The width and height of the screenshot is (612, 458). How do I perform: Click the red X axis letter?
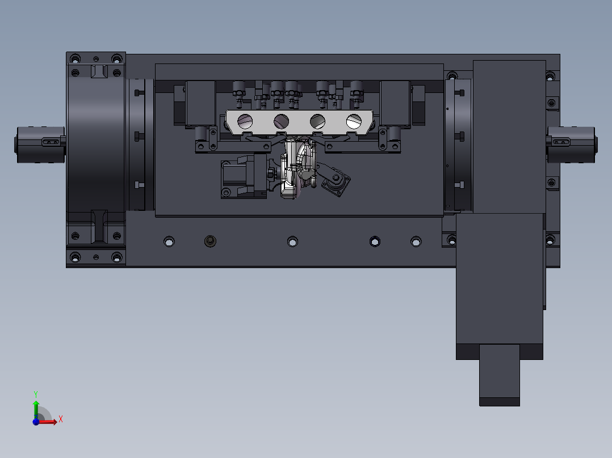(61, 419)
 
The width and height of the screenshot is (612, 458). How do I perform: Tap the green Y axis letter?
(36, 394)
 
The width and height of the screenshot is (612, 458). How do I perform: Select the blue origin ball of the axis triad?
(36, 421)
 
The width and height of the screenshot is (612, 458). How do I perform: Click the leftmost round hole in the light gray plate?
(245, 121)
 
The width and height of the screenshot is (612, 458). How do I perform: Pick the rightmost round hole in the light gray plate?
(354, 121)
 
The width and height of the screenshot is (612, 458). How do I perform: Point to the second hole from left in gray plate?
(281, 121)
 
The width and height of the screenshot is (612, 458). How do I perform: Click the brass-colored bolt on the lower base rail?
(210, 241)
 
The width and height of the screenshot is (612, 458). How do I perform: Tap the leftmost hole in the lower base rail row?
(169, 241)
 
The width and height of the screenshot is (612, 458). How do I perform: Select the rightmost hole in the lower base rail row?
(416, 241)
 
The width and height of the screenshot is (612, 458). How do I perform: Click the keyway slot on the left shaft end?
(51, 142)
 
